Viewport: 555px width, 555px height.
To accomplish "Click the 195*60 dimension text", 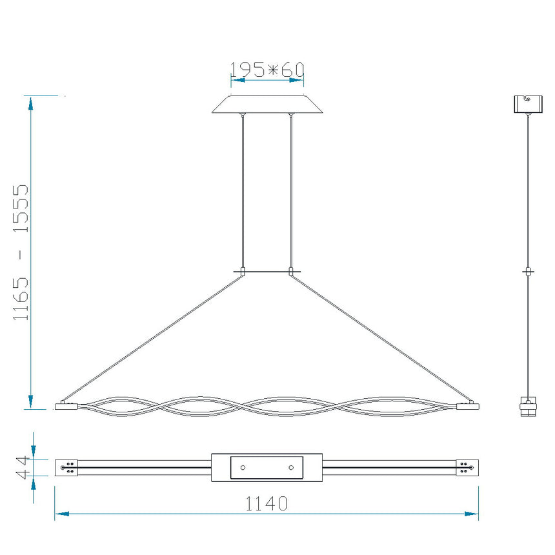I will [267, 70].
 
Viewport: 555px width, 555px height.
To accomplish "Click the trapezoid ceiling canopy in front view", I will [268, 105].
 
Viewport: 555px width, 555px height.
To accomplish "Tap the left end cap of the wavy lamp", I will [67, 407].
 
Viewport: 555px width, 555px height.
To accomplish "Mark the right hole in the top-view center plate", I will [291, 467].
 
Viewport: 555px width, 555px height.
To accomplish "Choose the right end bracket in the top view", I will [468, 467].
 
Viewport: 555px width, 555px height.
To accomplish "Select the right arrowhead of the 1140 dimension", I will [472, 514].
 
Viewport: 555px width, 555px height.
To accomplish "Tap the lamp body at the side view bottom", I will [529, 409].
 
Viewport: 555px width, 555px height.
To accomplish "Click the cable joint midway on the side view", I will [529, 272].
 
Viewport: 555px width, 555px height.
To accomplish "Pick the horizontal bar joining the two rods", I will [267, 272].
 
